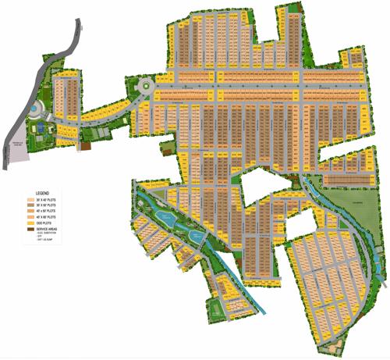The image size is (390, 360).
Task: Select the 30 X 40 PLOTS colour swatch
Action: tap(30, 199)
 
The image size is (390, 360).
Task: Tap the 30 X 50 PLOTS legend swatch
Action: tap(30, 205)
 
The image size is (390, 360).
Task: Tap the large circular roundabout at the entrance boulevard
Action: tap(145, 86)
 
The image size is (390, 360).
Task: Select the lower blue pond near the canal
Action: tap(196, 235)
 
